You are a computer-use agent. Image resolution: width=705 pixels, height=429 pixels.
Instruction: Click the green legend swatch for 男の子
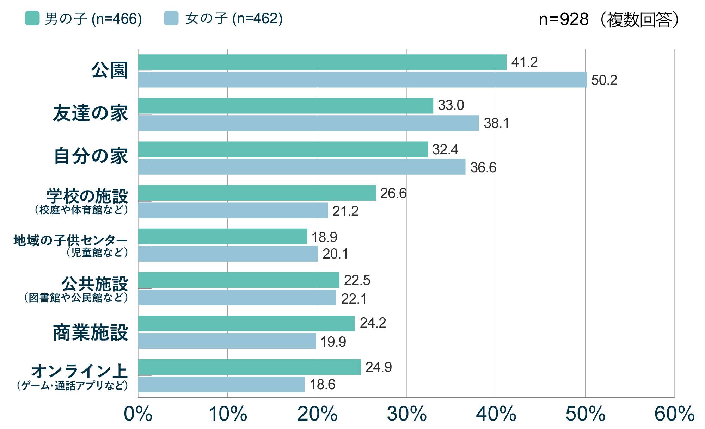(x=32, y=18)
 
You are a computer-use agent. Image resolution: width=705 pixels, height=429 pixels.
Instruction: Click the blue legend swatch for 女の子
(x=171, y=18)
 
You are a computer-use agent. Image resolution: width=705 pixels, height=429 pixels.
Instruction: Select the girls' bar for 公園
(x=362, y=80)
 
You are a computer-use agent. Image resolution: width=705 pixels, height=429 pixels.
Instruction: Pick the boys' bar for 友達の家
(x=286, y=106)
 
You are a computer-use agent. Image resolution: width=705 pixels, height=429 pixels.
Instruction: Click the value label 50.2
(x=604, y=80)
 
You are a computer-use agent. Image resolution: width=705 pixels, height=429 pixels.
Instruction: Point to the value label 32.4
(x=445, y=150)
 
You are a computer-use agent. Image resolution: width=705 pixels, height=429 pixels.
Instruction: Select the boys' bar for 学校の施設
(x=257, y=193)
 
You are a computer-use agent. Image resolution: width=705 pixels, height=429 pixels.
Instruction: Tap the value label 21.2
(x=345, y=211)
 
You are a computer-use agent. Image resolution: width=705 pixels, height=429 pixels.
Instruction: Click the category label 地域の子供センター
(x=70, y=241)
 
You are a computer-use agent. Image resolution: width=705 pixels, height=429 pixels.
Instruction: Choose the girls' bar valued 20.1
(x=228, y=254)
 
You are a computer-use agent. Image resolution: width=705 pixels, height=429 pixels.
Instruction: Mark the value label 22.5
(x=357, y=280)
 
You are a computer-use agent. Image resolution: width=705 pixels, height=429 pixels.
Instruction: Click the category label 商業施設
(x=91, y=332)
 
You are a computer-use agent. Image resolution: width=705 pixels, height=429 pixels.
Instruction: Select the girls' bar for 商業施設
(x=227, y=341)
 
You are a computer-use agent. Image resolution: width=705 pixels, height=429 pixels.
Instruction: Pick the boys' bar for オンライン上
(x=249, y=367)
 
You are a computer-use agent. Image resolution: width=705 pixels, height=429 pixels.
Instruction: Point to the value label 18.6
(x=323, y=385)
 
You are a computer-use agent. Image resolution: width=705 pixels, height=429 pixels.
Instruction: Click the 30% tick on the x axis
(x=407, y=414)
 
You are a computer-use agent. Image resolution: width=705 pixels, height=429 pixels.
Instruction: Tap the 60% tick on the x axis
(x=674, y=414)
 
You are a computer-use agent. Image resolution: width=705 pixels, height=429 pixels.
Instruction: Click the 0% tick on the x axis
(x=138, y=414)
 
